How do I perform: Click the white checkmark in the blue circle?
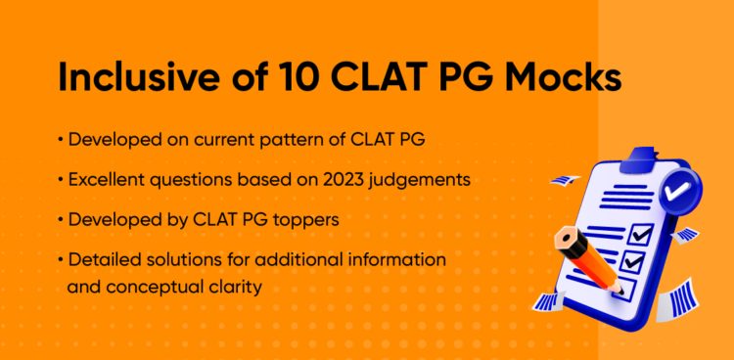pyautogui.click(x=677, y=190)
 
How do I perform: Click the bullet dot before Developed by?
pyautogui.click(x=61, y=220)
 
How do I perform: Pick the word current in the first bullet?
pyautogui.click(x=223, y=140)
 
